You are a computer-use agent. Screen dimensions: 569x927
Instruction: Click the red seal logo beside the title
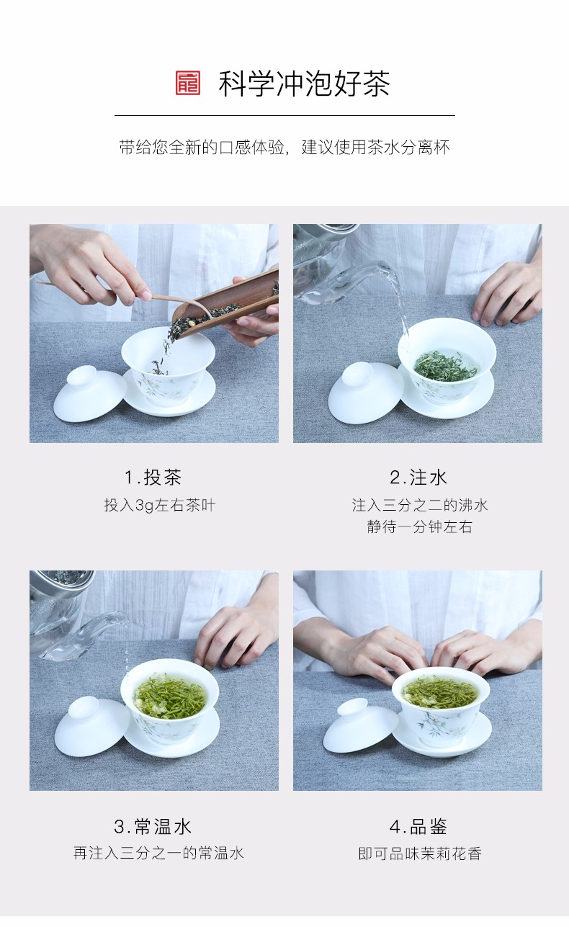(188, 83)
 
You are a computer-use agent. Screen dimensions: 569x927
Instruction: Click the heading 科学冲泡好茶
(304, 84)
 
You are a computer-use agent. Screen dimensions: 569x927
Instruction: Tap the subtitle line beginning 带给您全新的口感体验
(284, 148)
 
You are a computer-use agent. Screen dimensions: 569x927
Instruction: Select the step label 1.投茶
(153, 477)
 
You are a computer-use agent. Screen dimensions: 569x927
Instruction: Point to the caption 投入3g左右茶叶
(160, 505)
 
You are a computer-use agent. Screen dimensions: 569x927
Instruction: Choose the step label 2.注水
(418, 477)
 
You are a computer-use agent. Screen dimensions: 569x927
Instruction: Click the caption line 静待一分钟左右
(419, 527)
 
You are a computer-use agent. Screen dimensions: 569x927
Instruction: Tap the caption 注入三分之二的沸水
(420, 505)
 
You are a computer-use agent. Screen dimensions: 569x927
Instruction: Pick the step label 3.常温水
(153, 826)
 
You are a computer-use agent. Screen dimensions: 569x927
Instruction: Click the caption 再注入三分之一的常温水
(158, 853)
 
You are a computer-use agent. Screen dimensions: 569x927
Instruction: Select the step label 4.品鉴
(418, 826)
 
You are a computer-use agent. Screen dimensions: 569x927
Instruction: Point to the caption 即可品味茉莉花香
(420, 854)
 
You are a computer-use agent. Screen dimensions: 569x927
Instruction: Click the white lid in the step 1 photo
(89, 393)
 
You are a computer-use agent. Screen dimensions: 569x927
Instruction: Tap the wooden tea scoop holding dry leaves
(224, 306)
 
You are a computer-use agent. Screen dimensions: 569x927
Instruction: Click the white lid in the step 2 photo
(365, 393)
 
